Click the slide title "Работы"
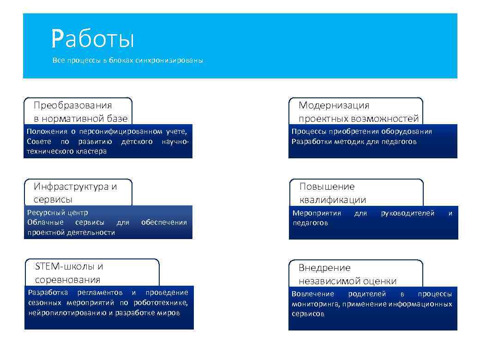(92, 39)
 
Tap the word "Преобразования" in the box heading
(73, 105)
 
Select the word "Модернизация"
(334, 105)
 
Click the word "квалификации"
(332, 200)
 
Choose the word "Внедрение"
(324, 268)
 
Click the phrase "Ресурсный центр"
(58, 212)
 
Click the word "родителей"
(367, 294)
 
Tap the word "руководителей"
(408, 213)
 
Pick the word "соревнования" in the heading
(67, 280)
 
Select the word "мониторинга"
(313, 304)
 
